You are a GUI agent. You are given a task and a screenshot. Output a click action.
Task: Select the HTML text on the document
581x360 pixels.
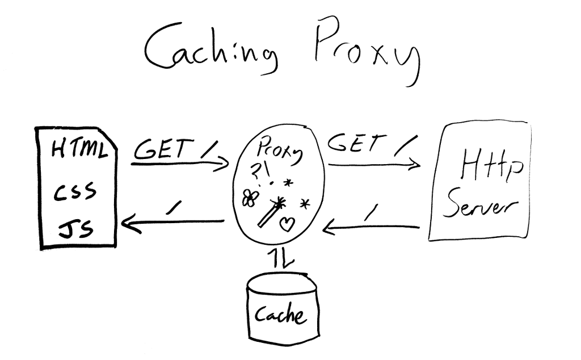click(79, 150)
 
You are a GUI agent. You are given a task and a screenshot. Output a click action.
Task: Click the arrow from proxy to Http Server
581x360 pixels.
click(374, 165)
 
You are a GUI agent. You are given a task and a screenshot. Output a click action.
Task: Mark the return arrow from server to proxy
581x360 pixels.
click(372, 228)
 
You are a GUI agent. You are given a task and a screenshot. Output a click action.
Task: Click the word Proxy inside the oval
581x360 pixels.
click(280, 153)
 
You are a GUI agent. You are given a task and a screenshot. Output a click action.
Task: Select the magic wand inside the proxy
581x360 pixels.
click(272, 212)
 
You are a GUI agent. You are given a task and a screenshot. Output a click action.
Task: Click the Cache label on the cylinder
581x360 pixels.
click(280, 315)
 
